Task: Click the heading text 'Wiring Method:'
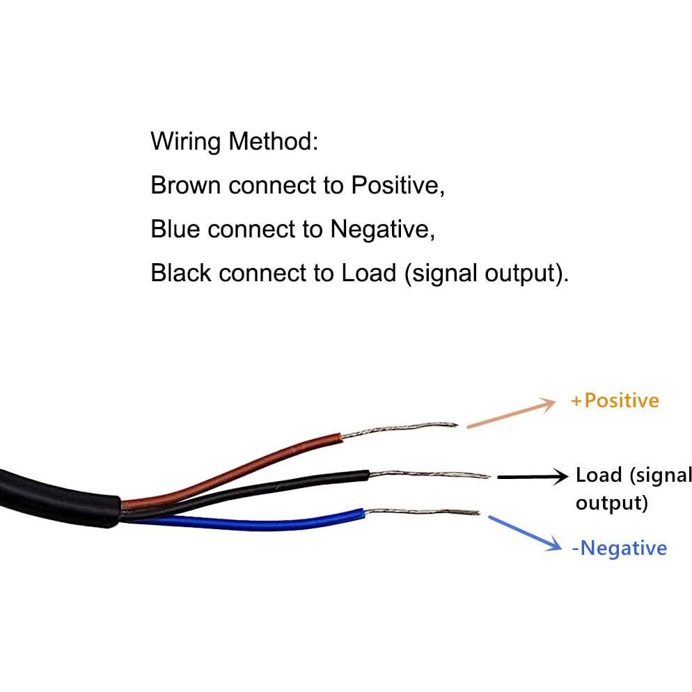(x=234, y=142)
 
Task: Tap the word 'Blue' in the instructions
(x=175, y=229)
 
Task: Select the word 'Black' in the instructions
(x=181, y=272)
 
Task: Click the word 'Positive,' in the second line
(x=398, y=185)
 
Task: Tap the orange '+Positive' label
(x=614, y=400)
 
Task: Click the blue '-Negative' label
(x=619, y=548)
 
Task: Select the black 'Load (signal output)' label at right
(x=632, y=488)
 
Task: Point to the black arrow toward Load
(x=533, y=477)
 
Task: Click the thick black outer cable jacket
(x=49, y=491)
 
